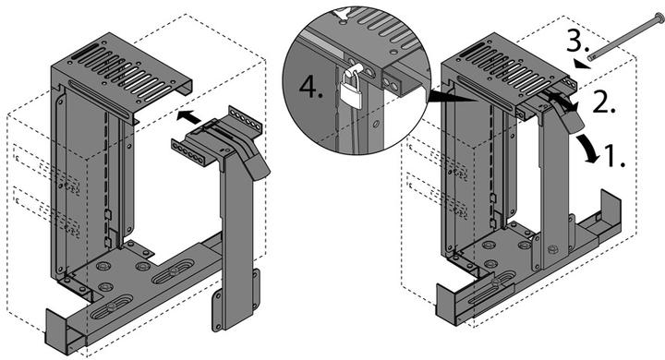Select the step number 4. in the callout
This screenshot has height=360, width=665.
313,88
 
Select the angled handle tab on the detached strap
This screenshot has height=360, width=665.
258,157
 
